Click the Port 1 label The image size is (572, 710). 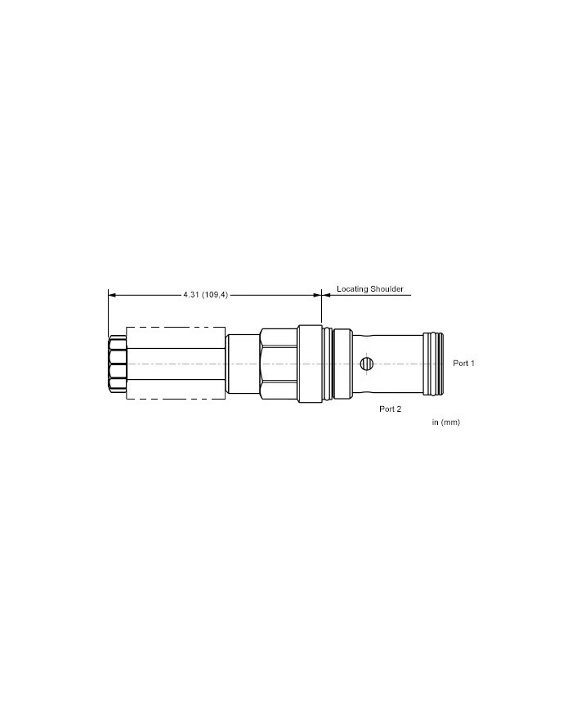464,363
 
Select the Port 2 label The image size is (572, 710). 390,409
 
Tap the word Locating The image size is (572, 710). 352,289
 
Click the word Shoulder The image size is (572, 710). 387,289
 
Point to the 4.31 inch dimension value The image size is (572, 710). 190,295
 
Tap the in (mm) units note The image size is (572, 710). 445,422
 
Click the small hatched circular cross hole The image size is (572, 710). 366,363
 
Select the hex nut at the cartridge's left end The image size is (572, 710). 118,364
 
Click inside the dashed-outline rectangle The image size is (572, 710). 177,363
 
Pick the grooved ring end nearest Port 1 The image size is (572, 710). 433,364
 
